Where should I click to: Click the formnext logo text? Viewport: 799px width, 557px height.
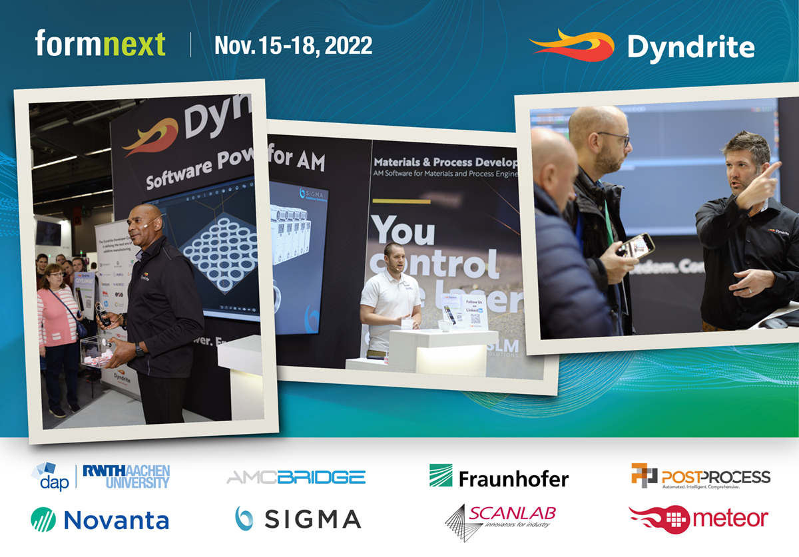click(100, 44)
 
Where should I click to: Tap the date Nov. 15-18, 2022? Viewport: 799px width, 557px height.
click(293, 45)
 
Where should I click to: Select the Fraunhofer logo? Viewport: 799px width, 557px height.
click(499, 477)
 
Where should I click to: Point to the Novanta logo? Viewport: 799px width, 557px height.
click(100, 519)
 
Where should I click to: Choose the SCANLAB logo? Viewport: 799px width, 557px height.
click(500, 518)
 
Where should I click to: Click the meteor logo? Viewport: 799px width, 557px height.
click(698, 518)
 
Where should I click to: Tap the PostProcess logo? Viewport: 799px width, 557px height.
click(700, 476)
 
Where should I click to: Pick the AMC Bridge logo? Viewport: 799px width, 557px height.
click(296, 477)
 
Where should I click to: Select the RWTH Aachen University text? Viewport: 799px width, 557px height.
click(127, 476)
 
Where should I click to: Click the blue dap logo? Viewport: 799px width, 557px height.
click(50, 477)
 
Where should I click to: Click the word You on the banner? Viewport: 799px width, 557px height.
click(403, 230)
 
